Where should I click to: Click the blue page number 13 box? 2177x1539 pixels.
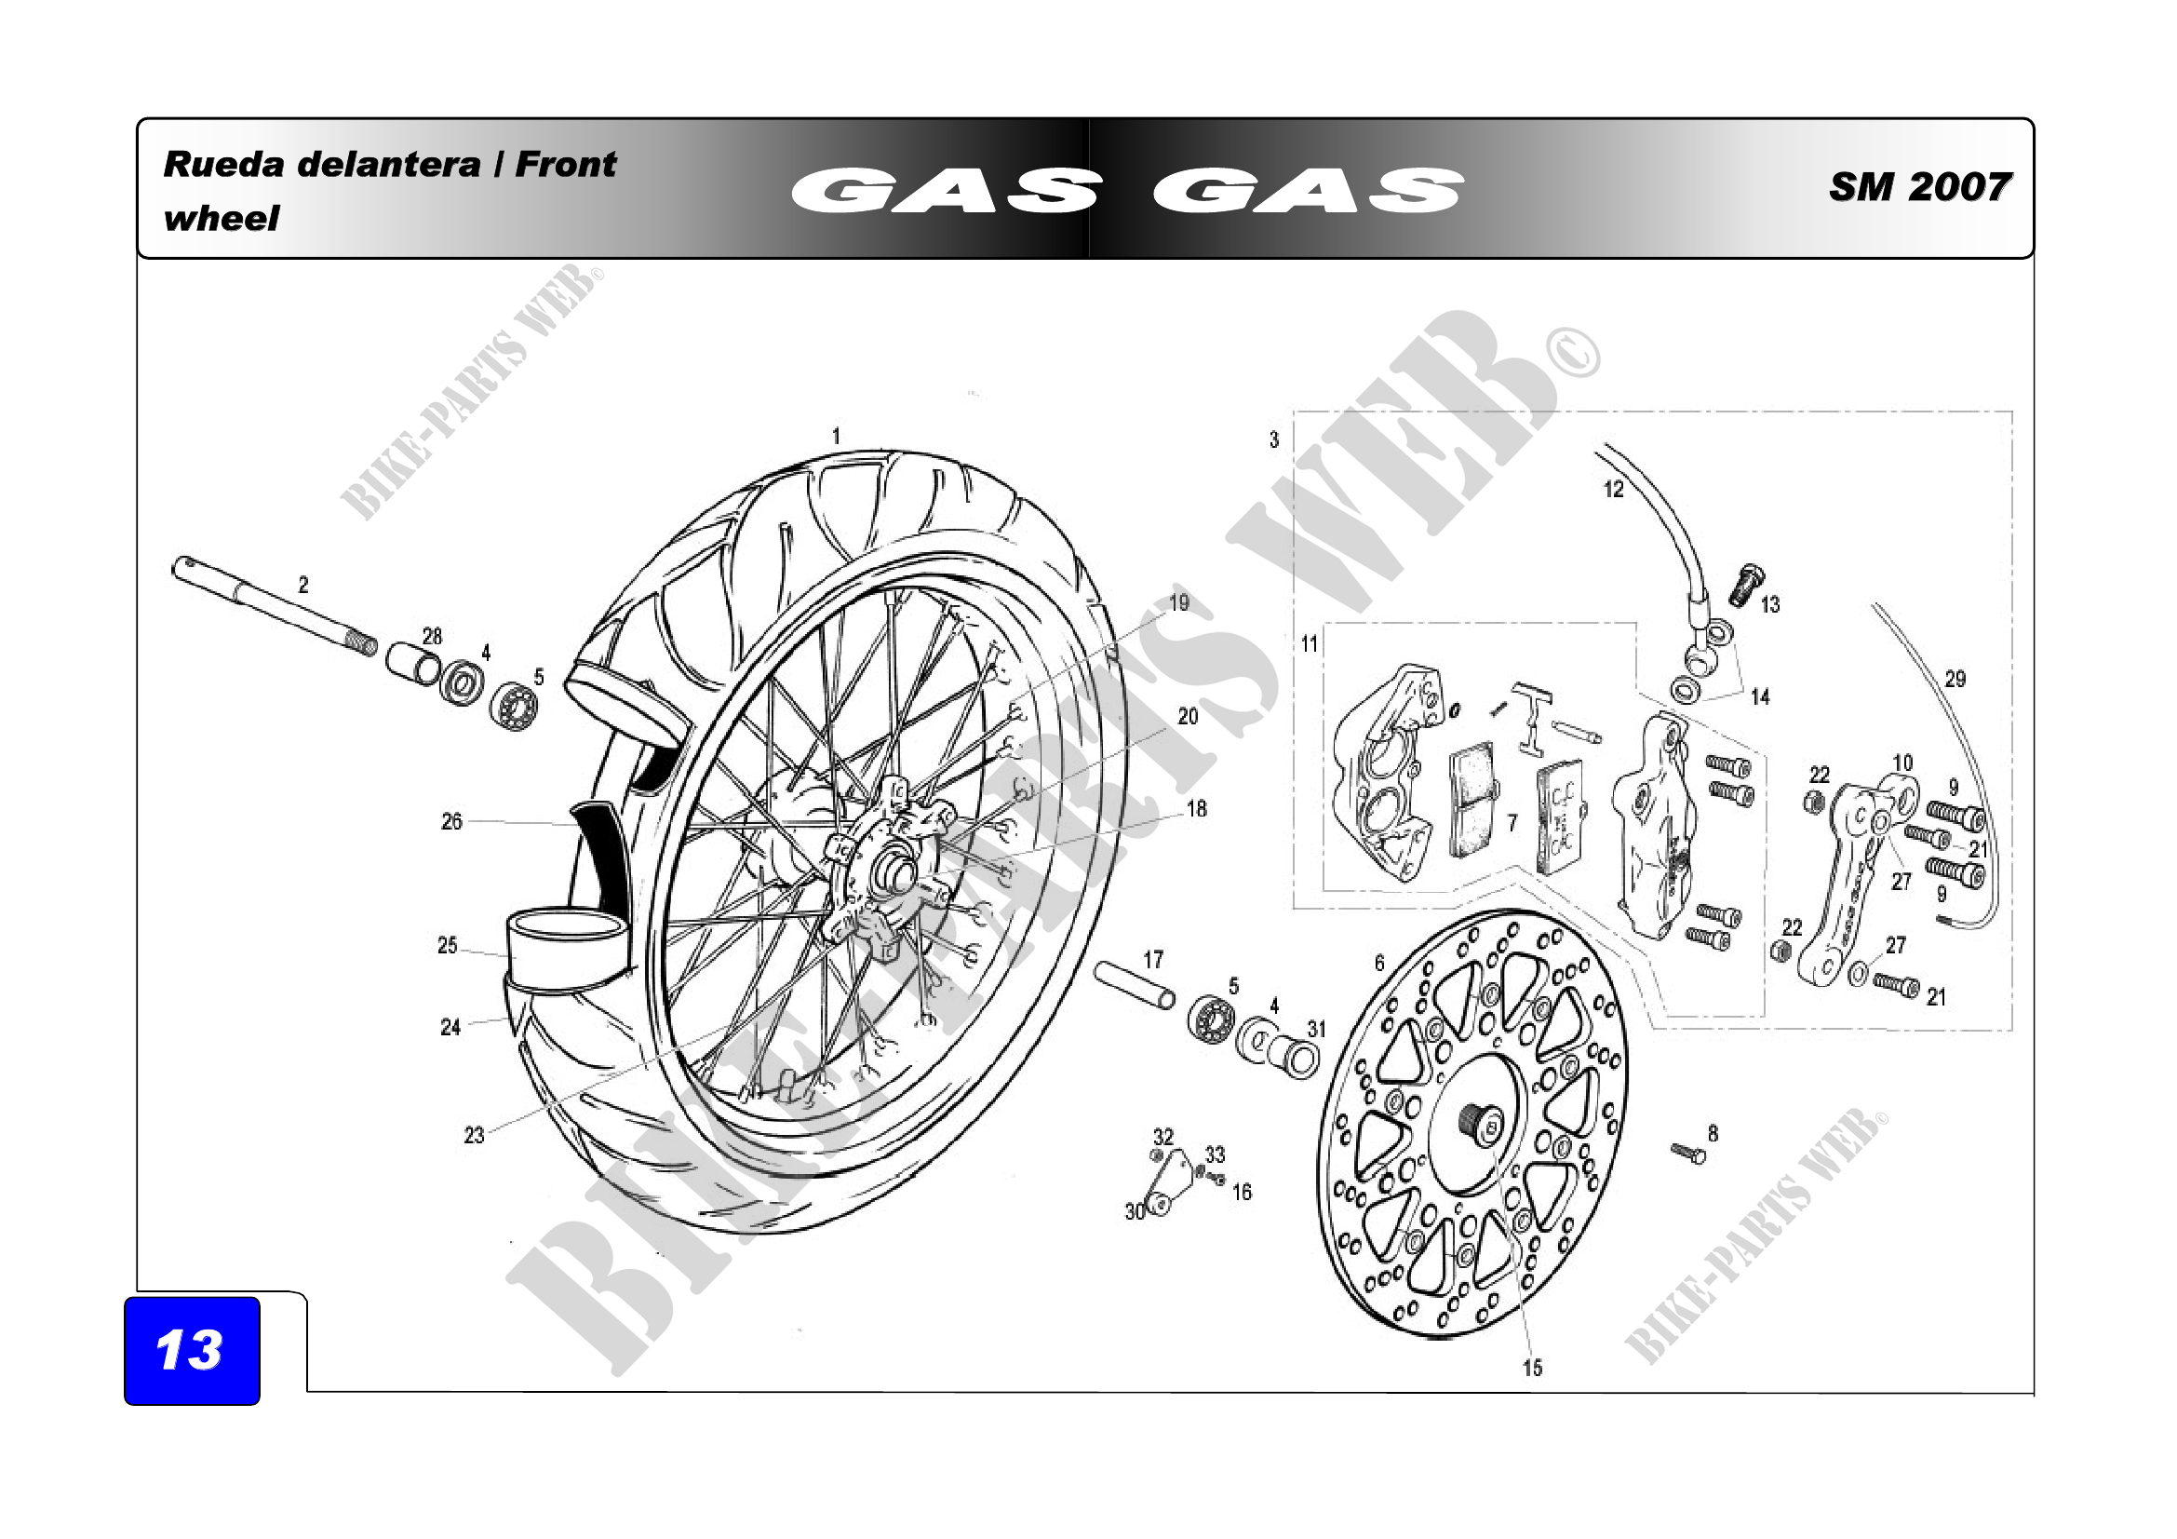pos(192,1350)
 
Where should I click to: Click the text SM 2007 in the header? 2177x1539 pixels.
pos(1919,187)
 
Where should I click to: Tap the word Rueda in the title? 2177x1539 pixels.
pos(223,164)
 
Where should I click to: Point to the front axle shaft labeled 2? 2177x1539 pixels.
pos(274,607)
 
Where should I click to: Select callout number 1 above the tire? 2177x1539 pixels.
pos(835,437)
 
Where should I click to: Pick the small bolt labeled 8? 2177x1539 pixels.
pos(1688,1153)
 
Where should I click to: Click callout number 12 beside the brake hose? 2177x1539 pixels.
pos(1613,490)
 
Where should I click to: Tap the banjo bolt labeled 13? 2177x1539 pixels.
pos(1744,584)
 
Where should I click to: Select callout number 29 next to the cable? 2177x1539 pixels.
pos(1955,679)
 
